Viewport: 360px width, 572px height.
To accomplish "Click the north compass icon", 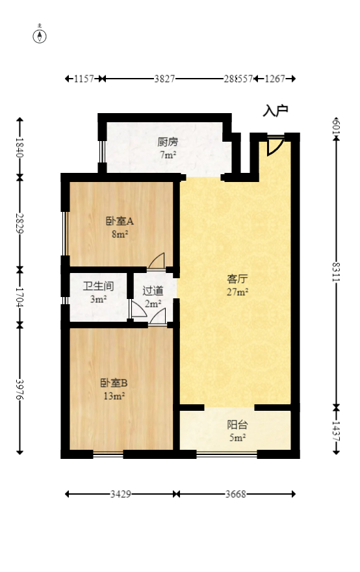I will (40, 35).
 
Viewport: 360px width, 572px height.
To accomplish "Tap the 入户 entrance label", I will (275, 110).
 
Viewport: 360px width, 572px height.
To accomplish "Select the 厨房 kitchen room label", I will (168, 142).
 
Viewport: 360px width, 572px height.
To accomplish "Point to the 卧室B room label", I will (113, 383).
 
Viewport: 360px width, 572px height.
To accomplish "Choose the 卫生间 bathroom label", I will (99, 286).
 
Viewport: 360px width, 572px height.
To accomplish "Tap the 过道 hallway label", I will (153, 291).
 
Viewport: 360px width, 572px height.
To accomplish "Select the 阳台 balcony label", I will (237, 425).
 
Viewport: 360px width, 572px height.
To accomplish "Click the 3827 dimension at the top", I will (164, 79).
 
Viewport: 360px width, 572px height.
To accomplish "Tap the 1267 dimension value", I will (276, 79).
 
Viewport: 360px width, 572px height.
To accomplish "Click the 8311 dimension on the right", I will (336, 275).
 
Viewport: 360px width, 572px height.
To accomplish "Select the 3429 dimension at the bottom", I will (121, 494).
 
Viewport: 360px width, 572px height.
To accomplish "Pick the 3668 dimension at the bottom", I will (235, 494).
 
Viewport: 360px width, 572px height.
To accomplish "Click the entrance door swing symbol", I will (274, 148).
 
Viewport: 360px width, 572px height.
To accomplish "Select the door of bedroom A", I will (157, 261).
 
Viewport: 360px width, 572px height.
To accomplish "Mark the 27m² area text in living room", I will (237, 292).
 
